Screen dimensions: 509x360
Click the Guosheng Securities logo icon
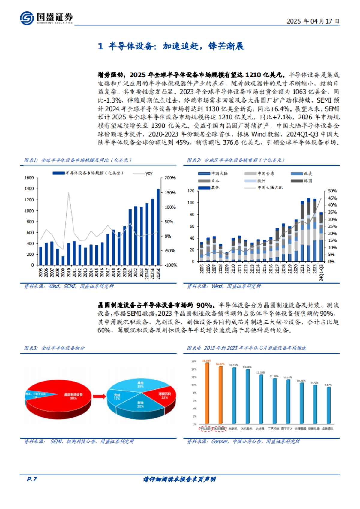coord(27,18)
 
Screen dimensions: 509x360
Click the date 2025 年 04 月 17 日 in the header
coord(313,21)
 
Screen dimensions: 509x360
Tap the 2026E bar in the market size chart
coord(158,227)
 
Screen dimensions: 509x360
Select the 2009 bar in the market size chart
coord(63,260)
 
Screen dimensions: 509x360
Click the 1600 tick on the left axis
coord(29,178)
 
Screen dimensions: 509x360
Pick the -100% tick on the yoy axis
coord(170,265)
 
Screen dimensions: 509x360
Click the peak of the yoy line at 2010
coord(69,192)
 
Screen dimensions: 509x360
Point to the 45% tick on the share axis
coord(332,198)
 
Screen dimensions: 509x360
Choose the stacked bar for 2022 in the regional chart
coord(308,229)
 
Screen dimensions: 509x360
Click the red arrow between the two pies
coord(99,397)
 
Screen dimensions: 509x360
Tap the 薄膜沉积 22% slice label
coord(165,396)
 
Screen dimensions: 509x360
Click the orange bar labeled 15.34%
coord(207,393)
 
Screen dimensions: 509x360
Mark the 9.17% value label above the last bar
coord(328,385)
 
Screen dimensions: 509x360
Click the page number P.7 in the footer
coord(32,479)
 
